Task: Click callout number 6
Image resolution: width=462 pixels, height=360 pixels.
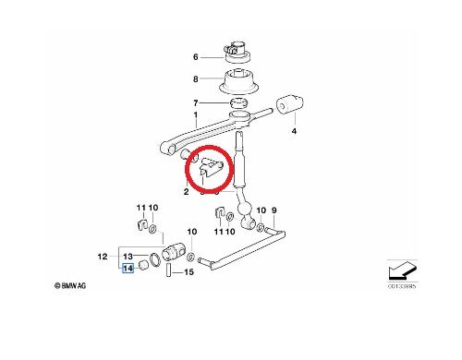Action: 196,56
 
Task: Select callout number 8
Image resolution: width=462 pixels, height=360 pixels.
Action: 196,79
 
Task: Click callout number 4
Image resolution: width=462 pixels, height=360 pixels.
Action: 295,134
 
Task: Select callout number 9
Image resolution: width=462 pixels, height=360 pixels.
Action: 274,210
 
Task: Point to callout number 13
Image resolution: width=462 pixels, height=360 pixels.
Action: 128,255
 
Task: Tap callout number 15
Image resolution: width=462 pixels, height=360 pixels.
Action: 189,272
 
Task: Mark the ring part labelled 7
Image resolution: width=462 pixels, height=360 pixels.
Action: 238,102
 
